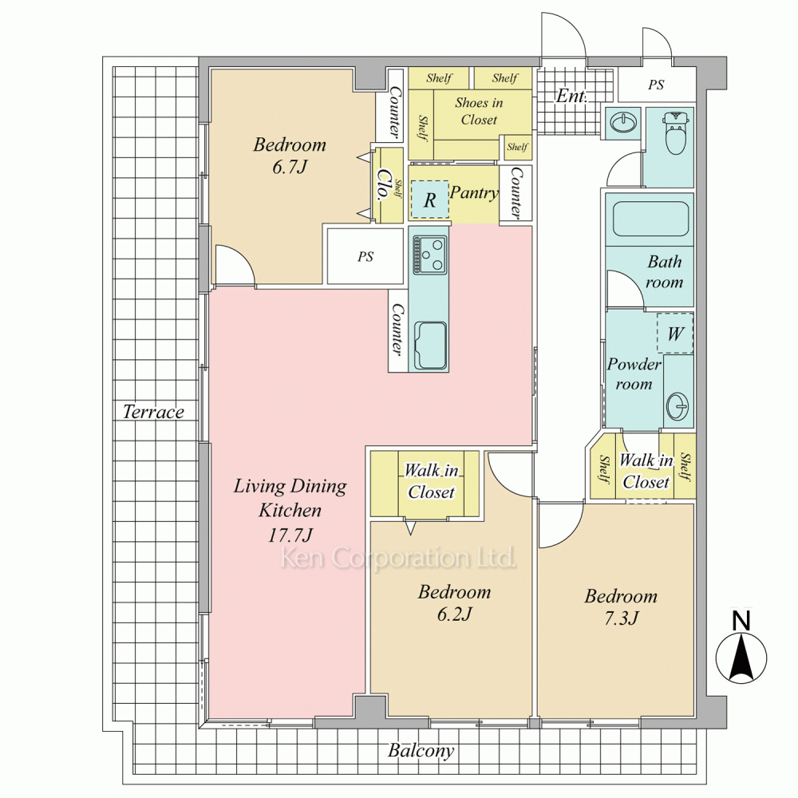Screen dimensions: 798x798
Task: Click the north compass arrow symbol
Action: tap(741, 658)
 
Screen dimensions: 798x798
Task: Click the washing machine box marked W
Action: tap(675, 333)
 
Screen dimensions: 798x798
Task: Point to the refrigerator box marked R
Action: tap(429, 199)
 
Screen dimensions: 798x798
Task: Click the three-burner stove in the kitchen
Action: tap(431, 254)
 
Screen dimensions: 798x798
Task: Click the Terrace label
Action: tap(153, 411)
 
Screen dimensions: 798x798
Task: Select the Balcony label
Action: tap(421, 751)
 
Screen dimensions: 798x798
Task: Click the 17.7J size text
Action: tap(290, 535)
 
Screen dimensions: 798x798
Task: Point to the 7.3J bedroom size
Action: tap(621, 618)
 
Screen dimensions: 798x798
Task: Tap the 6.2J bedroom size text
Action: tap(455, 614)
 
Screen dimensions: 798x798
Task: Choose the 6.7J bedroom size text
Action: tap(290, 167)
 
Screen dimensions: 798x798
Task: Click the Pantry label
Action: tap(474, 193)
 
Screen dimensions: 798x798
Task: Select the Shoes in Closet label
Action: tap(479, 111)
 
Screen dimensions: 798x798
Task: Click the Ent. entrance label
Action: tap(571, 96)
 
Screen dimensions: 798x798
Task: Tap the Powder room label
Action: tap(634, 373)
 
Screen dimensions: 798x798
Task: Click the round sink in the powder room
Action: tap(678, 405)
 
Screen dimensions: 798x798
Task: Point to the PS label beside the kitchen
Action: tap(365, 256)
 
